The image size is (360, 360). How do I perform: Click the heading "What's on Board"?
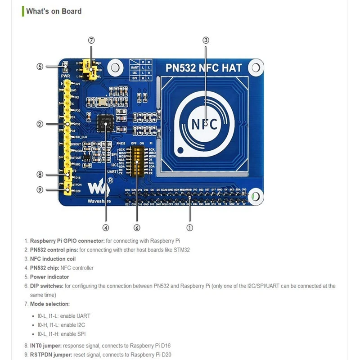[x=54, y=11]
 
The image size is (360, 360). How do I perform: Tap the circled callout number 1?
[x=190, y=228]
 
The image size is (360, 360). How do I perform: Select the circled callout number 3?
[x=206, y=40]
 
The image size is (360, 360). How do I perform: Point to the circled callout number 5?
[x=40, y=67]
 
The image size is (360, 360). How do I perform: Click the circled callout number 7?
[x=91, y=40]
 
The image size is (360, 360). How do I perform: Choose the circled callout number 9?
[x=40, y=189]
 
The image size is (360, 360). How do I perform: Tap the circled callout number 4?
[x=106, y=228]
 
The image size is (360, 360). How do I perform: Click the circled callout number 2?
[x=40, y=124]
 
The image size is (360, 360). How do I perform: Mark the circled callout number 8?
[x=40, y=174]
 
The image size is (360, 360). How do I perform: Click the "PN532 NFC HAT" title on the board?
[x=204, y=68]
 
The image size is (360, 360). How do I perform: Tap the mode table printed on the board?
[x=141, y=69]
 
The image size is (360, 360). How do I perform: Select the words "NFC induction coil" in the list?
[x=53, y=259]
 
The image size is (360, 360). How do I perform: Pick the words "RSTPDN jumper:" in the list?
[x=50, y=355]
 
